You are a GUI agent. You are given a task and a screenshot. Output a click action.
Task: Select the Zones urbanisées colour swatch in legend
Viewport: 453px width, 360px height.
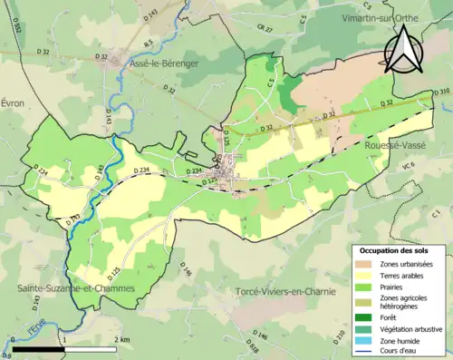coord(364,263)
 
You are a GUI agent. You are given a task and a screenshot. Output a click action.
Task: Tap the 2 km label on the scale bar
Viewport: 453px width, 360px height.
coord(120,339)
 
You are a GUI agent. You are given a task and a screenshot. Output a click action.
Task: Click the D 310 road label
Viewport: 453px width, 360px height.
coord(441,91)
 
